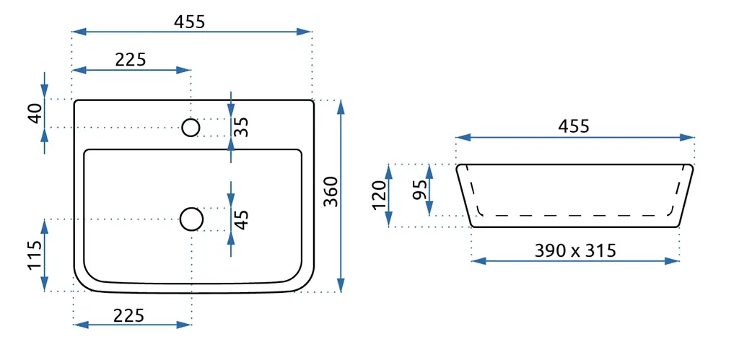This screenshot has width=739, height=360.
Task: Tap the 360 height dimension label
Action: (331, 191)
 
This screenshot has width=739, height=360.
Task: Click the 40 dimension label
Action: (35, 113)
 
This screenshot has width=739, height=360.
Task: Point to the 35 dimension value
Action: (241, 127)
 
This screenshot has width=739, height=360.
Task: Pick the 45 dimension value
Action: (241, 219)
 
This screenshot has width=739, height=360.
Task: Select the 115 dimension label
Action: (35, 255)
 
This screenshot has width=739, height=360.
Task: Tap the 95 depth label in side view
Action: (420, 190)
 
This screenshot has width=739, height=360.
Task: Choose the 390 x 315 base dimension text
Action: (575, 250)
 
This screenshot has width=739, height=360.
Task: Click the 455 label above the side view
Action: (574, 126)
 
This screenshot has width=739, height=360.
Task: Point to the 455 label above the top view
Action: (190, 22)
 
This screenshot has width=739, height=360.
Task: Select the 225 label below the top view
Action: (128, 315)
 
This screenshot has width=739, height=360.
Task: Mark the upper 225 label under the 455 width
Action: (131, 60)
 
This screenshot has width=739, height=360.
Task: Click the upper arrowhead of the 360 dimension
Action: (341, 107)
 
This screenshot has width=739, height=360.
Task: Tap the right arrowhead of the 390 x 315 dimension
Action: (673, 260)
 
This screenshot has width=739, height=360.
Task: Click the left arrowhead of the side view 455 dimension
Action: (464, 138)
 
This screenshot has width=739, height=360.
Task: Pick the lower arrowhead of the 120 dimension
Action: (389, 220)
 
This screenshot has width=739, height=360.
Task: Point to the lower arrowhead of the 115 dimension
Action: (44, 284)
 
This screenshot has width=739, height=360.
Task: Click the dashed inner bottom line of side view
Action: (575, 215)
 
